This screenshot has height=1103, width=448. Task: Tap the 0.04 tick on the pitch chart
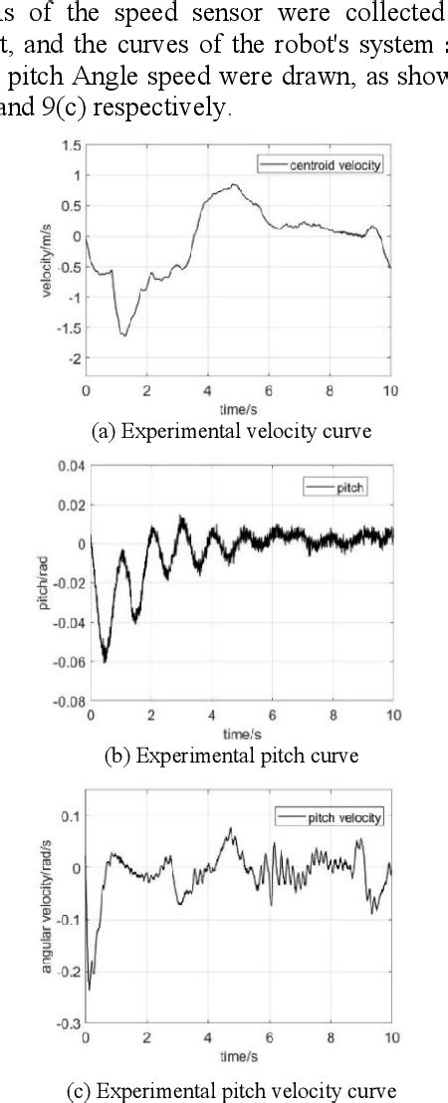coord(67,465)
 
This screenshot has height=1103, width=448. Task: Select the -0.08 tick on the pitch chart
coord(66,701)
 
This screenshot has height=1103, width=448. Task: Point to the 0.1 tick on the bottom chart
coord(71,816)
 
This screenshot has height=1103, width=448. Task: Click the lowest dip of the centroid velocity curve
coord(124,335)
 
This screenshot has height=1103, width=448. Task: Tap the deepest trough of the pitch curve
coord(104,661)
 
